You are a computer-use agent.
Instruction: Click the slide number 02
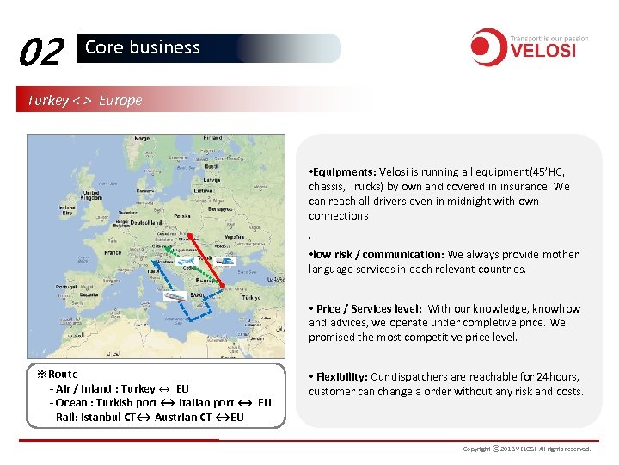coord(40,53)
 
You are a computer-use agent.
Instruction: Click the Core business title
coord(142,48)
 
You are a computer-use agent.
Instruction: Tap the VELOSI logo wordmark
coord(543,51)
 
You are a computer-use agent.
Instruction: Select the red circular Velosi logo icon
coord(487,47)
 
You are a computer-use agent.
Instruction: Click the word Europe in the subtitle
coord(120,100)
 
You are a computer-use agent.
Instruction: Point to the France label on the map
coord(113,253)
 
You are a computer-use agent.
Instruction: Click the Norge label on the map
coord(141,139)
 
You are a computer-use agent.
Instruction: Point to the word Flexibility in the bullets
coord(340,376)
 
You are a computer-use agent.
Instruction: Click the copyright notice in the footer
coord(526,449)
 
